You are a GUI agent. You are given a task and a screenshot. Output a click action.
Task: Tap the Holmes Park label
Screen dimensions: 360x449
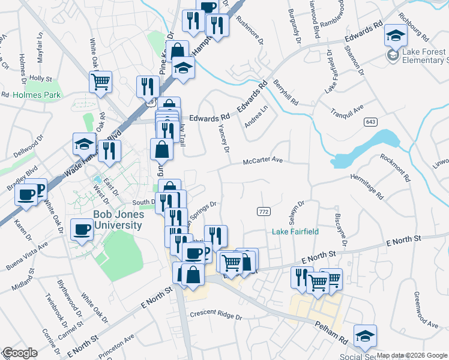[29, 95]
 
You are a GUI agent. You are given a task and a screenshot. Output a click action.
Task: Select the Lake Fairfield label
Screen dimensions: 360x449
[295, 232]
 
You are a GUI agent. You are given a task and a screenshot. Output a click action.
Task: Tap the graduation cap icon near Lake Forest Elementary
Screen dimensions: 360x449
[396, 35]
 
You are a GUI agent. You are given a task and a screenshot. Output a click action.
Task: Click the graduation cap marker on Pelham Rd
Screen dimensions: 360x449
[364, 336]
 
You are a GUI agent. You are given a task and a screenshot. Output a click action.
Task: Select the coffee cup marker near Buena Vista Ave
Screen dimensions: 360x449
[82, 229]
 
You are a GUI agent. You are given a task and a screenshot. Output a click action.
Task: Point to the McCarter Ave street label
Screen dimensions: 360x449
[262, 161]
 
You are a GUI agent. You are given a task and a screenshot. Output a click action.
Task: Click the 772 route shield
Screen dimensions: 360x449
[263, 211]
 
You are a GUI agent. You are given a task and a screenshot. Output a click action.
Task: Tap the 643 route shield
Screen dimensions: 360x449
[370, 122]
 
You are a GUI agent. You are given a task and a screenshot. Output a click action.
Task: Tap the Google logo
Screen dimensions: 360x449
[20, 353]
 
